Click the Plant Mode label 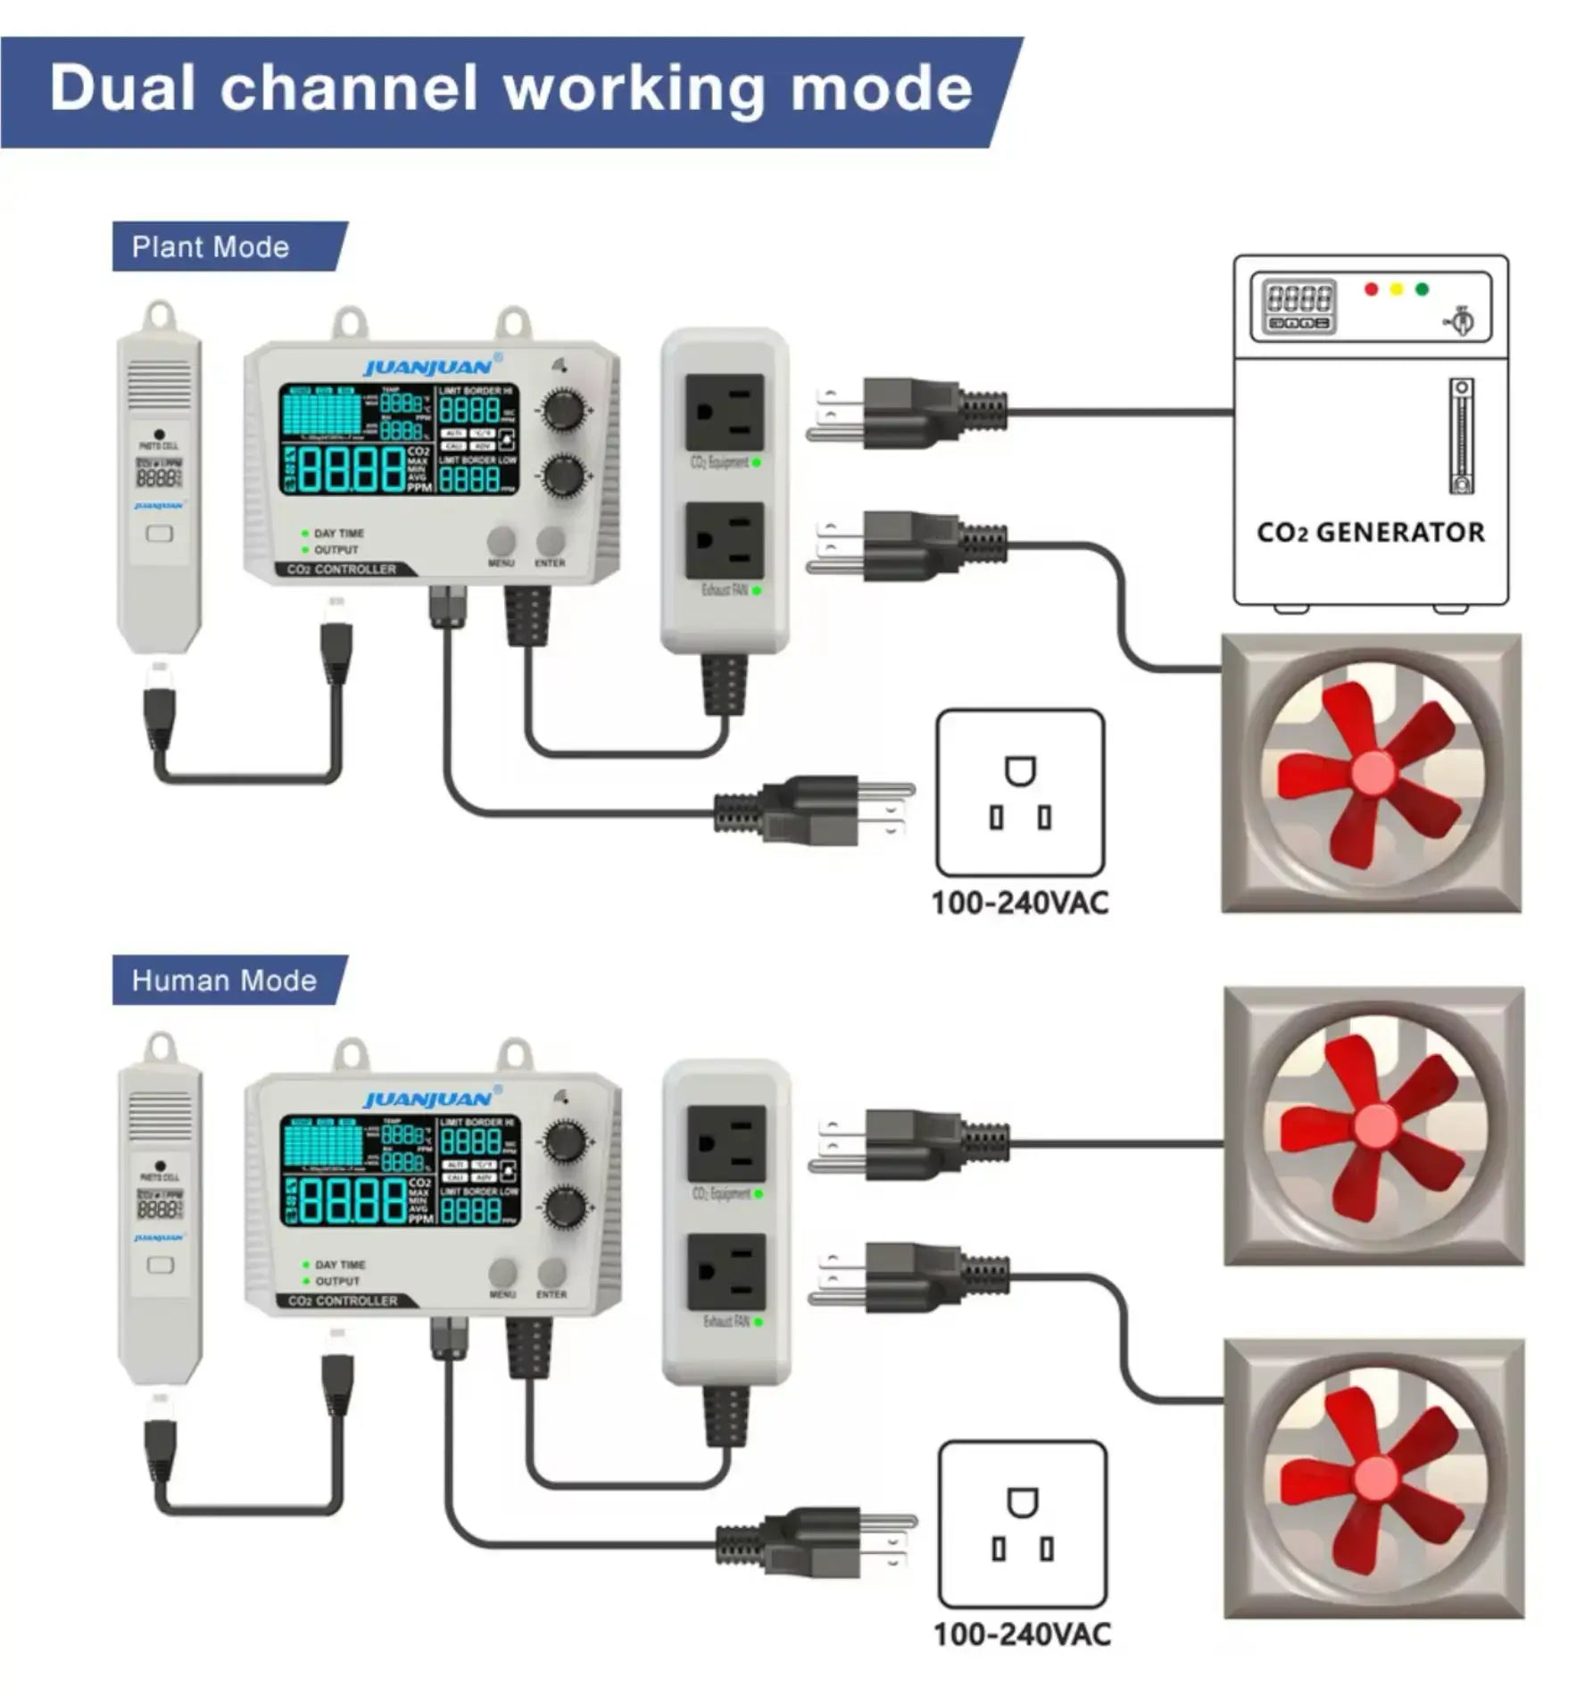211,247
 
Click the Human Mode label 224,981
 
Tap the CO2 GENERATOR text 1370,533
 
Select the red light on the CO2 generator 1372,289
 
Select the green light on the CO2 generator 1422,289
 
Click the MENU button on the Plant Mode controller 501,541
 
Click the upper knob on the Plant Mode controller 563,411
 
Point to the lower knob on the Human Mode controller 565,1207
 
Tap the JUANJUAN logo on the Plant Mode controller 429,367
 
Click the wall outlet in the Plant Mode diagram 1019,793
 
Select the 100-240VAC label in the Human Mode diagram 1022,1635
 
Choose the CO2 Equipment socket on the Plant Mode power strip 724,412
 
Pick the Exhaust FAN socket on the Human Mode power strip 726,1272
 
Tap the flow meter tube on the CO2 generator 1460,436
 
